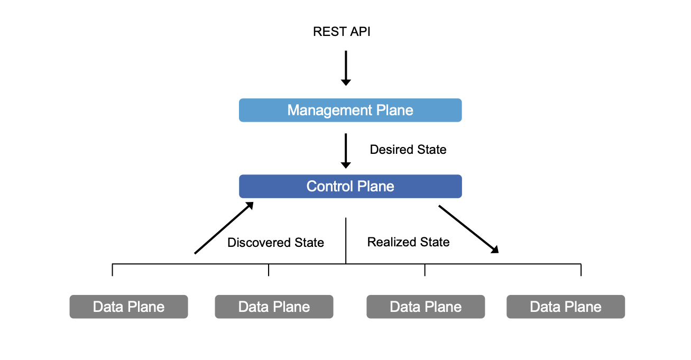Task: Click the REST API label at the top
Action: pyautogui.click(x=342, y=32)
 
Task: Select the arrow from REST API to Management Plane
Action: pyautogui.click(x=346, y=68)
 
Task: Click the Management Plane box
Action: pyautogui.click(x=350, y=110)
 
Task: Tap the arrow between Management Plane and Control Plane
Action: pyautogui.click(x=346, y=150)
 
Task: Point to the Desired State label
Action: pyautogui.click(x=408, y=150)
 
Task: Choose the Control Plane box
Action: pyautogui.click(x=350, y=187)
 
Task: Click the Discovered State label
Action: pyautogui.click(x=275, y=243)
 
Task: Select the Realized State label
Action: pyautogui.click(x=408, y=242)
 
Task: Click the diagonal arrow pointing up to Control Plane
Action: pyautogui.click(x=224, y=228)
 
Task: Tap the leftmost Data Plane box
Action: pyautogui.click(x=128, y=307)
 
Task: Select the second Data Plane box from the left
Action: pyautogui.click(x=274, y=307)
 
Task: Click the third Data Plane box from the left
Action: pyautogui.click(x=426, y=307)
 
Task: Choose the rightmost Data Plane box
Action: pyautogui.click(x=565, y=307)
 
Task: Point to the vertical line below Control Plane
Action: pyautogui.click(x=346, y=240)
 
